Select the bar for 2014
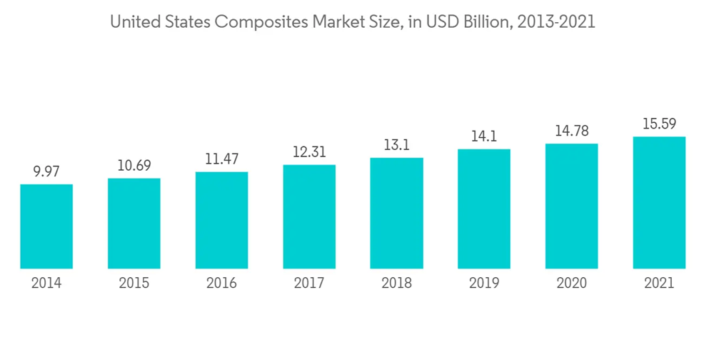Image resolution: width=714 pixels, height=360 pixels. click(46, 226)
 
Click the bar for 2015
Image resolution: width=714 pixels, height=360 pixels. click(134, 224)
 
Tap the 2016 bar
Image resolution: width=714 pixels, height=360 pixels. click(221, 220)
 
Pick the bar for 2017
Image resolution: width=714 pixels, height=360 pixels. click(309, 216)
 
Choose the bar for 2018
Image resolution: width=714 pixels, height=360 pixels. click(396, 213)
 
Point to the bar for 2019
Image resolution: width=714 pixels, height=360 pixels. click(484, 209)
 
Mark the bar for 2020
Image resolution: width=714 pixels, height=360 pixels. click(571, 206)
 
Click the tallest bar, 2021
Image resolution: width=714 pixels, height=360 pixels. click(659, 202)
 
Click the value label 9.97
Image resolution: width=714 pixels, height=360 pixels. click(46, 171)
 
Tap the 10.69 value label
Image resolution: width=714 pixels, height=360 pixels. click(134, 166)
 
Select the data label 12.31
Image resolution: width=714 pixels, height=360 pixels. click(309, 152)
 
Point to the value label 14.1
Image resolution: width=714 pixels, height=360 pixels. click(484, 136)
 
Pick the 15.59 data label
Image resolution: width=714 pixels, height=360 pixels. click(659, 124)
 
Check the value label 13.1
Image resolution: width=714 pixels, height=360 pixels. click(396, 145)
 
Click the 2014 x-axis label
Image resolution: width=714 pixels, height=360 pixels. click(46, 284)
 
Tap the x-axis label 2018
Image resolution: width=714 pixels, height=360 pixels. click(396, 284)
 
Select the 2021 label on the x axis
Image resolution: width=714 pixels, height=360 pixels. click(659, 284)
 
